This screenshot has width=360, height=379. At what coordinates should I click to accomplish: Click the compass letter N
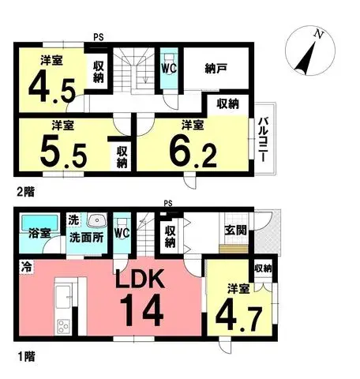pyautogui.click(x=319, y=34)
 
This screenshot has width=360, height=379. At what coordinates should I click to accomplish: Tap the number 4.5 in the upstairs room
pyautogui.click(x=52, y=88)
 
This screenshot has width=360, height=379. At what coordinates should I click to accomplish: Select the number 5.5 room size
pyautogui.click(x=63, y=156)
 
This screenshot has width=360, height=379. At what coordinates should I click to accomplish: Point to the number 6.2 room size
pyautogui.click(x=193, y=153)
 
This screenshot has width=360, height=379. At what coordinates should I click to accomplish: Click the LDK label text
pyautogui.click(x=141, y=279)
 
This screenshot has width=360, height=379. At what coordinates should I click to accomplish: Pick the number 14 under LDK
pyautogui.click(x=141, y=310)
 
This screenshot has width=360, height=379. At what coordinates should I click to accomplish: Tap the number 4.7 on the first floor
pyautogui.click(x=238, y=317)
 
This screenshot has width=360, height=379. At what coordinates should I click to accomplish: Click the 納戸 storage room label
pyautogui.click(x=216, y=69)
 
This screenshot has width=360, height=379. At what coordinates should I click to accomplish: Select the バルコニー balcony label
pyautogui.click(x=263, y=139)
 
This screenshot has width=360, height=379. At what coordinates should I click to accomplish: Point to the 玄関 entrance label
pyautogui.click(x=236, y=230)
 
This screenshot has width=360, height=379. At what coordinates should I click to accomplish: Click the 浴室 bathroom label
pyautogui.click(x=39, y=233)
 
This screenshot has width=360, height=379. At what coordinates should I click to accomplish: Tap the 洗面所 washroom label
pyautogui.click(x=86, y=238)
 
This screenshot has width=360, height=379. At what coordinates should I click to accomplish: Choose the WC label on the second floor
pyautogui.click(x=169, y=69)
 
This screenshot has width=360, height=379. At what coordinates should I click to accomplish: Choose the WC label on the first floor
pyautogui.click(x=122, y=233)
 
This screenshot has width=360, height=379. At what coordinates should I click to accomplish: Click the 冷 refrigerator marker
pyautogui.click(x=26, y=268)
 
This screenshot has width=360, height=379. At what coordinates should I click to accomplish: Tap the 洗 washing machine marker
pyautogui.click(x=74, y=220)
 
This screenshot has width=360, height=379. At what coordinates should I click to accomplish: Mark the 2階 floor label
pyautogui.click(x=26, y=192)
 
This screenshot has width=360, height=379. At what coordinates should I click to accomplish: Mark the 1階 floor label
pyautogui.click(x=26, y=357)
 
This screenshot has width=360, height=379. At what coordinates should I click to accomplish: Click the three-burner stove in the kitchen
pyautogui.click(x=63, y=327)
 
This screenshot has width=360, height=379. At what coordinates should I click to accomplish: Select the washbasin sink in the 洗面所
pyautogui.click(x=97, y=220)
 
